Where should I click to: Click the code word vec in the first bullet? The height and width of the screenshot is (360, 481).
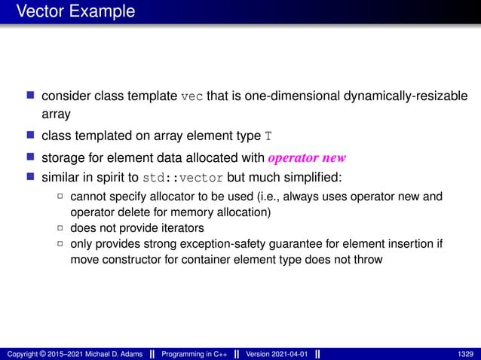tap(192, 97)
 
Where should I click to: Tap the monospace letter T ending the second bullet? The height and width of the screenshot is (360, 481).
tap(268, 136)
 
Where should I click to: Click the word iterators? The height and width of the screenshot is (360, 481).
tap(182, 227)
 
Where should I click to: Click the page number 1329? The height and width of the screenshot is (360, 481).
tap(465, 353)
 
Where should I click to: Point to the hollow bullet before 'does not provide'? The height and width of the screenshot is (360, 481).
tap(60, 227)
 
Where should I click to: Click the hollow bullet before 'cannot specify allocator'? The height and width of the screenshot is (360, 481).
tap(60, 198)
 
